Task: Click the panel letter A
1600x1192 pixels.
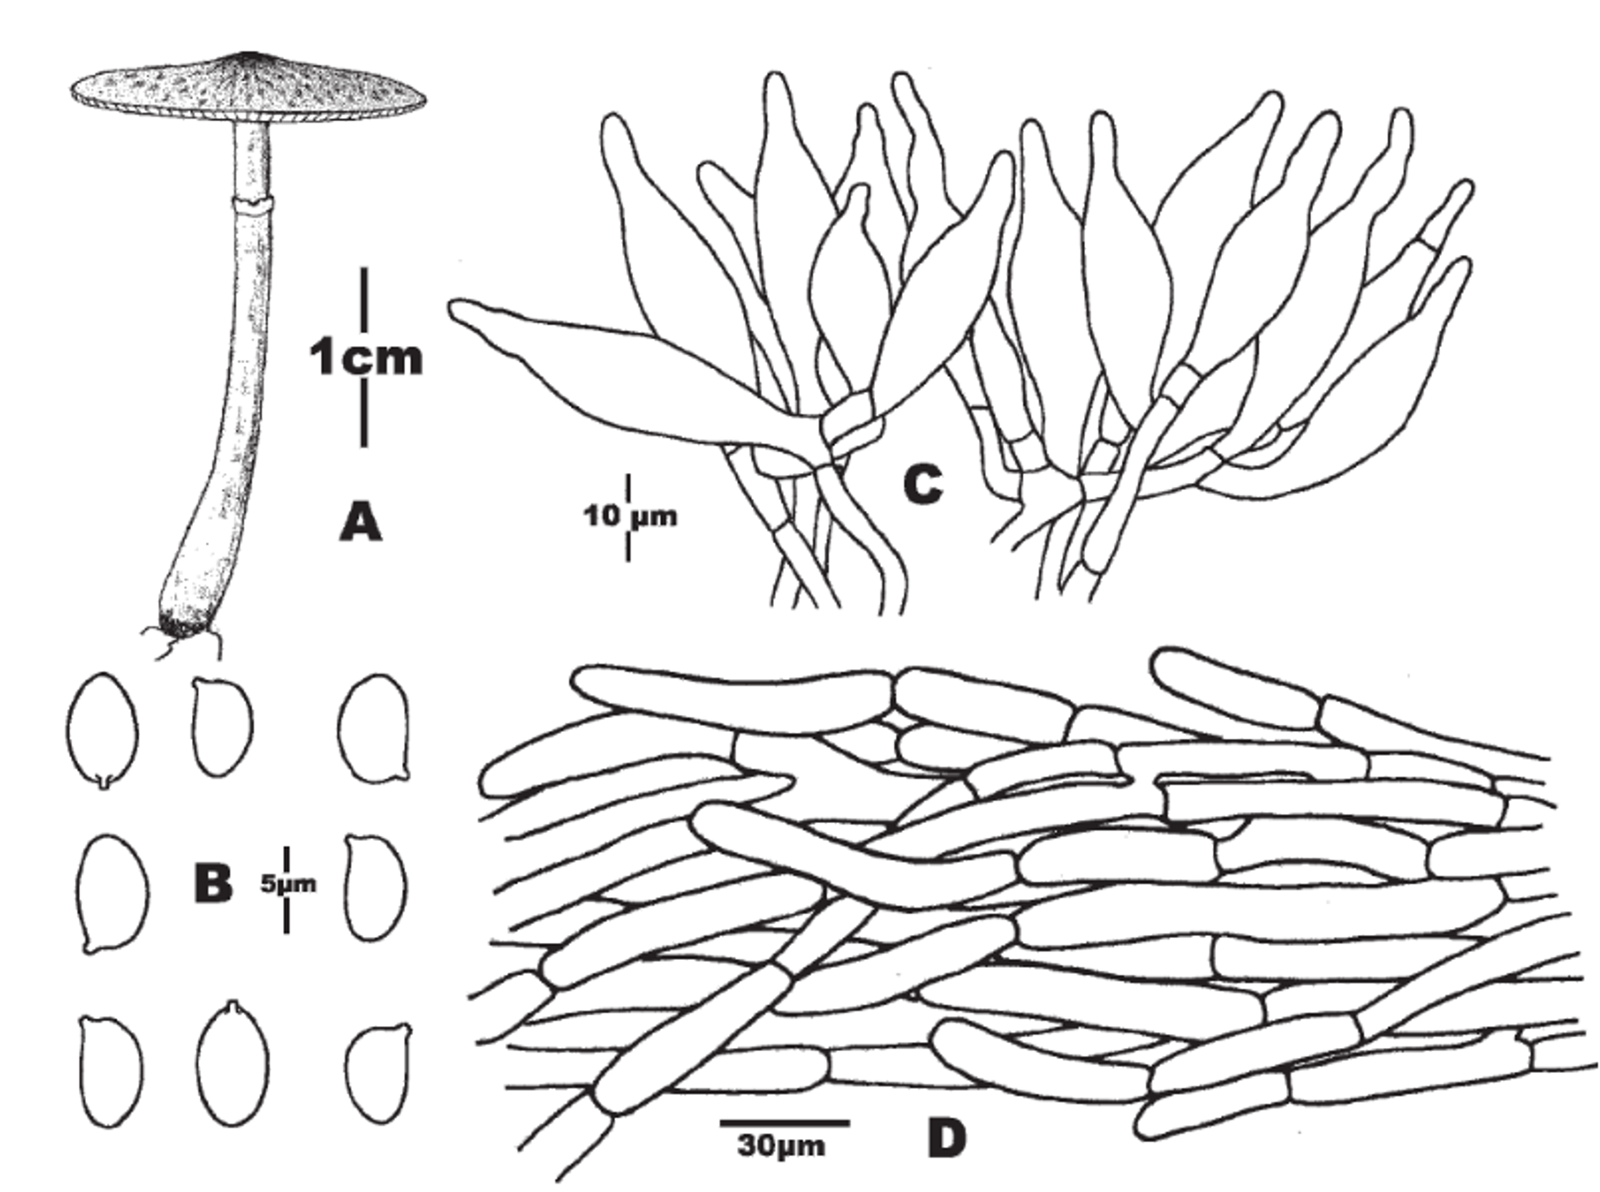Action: click(x=360, y=523)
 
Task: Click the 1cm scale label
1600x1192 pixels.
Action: click(x=365, y=359)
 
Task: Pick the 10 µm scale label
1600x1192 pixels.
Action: click(x=630, y=516)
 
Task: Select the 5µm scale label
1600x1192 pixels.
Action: click(x=288, y=884)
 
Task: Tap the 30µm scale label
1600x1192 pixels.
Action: click(x=781, y=1146)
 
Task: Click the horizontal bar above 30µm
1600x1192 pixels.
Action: click(x=784, y=1123)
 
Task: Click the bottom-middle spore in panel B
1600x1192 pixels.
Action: click(x=233, y=1066)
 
